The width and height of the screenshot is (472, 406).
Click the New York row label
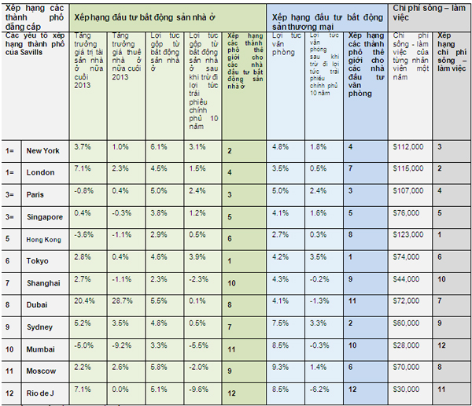pyautogui.click(x=42, y=149)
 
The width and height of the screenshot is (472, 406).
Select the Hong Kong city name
pyautogui.click(x=43, y=238)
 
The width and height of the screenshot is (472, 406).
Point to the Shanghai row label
pyautogui.click(x=42, y=282)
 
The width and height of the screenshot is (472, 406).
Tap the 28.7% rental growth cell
pyautogui.click(x=122, y=301)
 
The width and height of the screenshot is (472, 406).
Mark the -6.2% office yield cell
pyautogui.click(x=319, y=389)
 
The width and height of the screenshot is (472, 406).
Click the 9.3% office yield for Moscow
pyautogui.click(x=279, y=367)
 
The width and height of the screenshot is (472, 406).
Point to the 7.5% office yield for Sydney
pyautogui.click(x=279, y=323)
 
